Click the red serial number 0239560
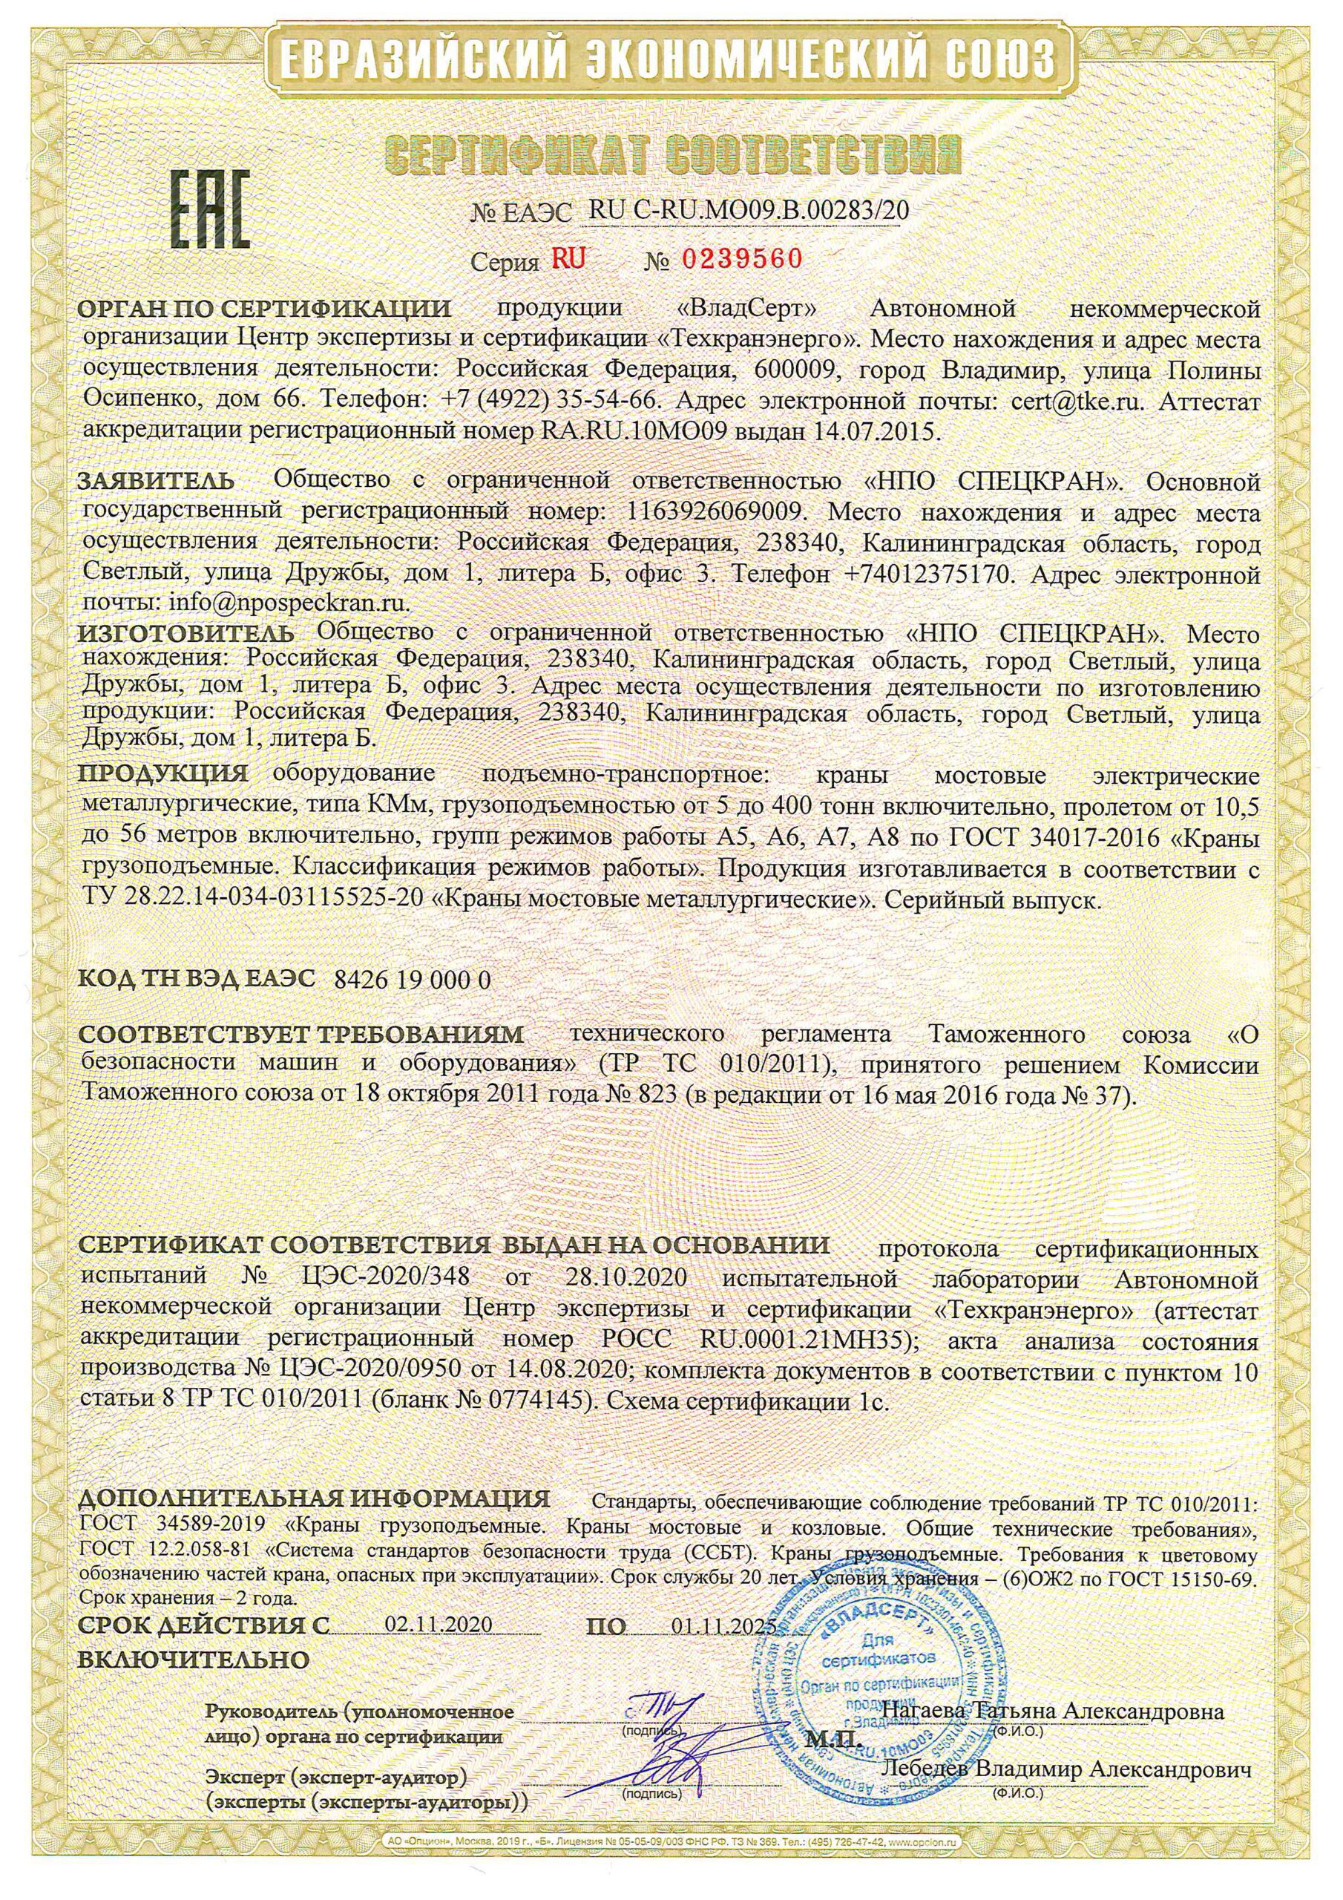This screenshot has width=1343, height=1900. click(x=741, y=260)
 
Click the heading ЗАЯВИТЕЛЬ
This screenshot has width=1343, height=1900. click(x=156, y=480)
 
